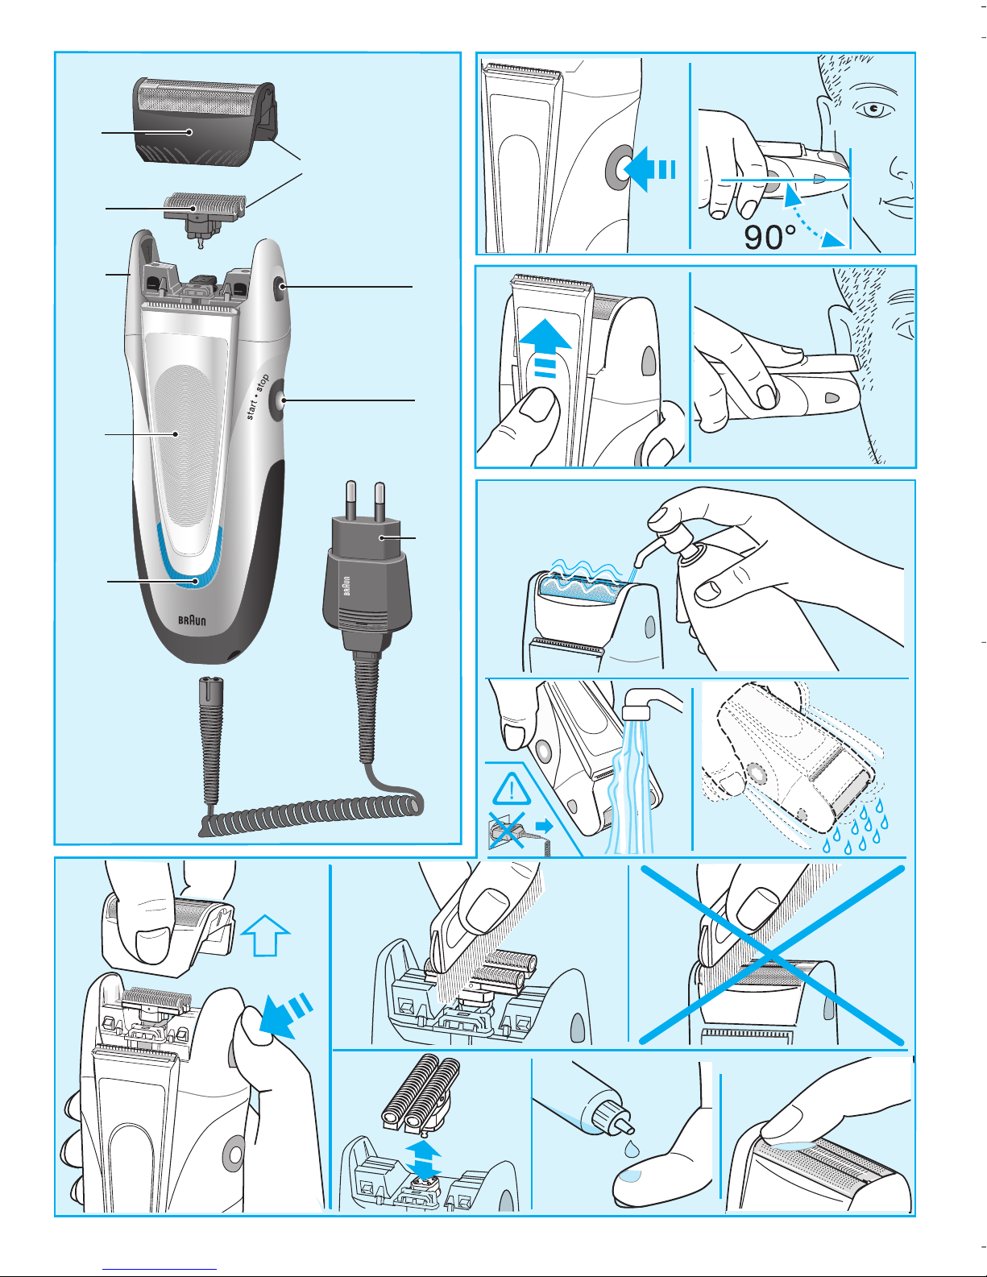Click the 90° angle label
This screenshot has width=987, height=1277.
point(769,237)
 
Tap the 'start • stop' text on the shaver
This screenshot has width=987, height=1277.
point(257,397)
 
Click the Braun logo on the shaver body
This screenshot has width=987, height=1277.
point(192,620)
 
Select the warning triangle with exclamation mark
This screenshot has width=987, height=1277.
point(511,789)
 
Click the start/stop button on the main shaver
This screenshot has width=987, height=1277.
point(279,400)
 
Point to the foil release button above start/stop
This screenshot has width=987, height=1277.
point(280,287)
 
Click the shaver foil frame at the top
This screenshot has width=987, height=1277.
point(203,122)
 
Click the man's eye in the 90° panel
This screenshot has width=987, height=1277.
point(875,110)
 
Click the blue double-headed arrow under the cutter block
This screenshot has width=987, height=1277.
point(424,1160)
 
